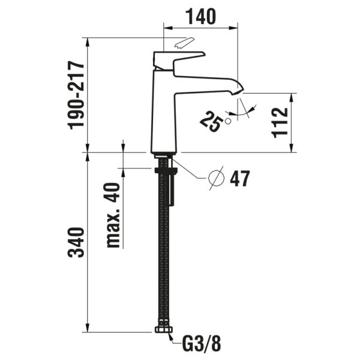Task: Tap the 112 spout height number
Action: coord(281,122)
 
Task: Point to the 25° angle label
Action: coord(209,124)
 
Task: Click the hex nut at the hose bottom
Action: coord(162,329)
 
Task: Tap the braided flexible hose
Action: coord(161,252)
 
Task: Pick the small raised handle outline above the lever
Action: coord(184,44)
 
